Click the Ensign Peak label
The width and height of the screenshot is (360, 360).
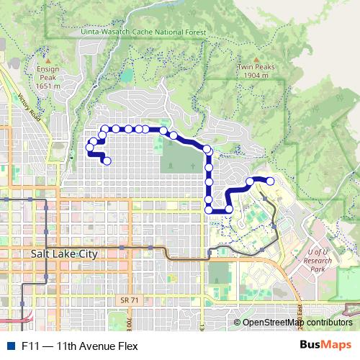(48, 73)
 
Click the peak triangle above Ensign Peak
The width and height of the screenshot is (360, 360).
(48, 61)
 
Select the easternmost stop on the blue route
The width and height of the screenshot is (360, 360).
(271, 181)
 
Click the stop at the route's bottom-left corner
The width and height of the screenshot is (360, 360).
(210, 210)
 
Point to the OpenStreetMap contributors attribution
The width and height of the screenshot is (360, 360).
(297, 323)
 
